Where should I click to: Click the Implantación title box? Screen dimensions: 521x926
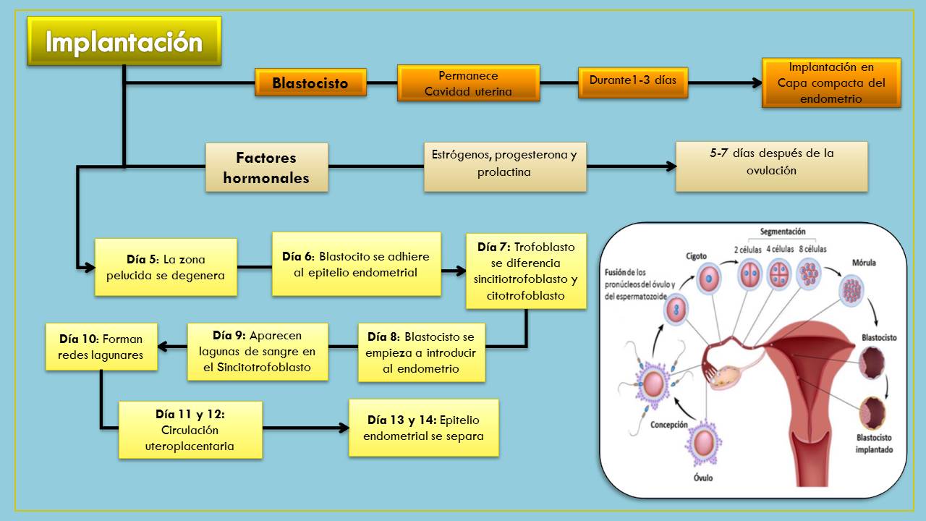(x=124, y=41)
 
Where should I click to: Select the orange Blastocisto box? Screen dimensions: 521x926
(x=310, y=82)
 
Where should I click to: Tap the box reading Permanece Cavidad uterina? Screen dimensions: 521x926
(x=468, y=83)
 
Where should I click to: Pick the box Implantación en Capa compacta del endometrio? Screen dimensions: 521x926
(x=831, y=83)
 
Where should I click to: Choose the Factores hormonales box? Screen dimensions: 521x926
(x=266, y=167)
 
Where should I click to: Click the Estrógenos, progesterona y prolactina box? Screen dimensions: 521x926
(x=504, y=166)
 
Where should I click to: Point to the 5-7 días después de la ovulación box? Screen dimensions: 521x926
(x=771, y=166)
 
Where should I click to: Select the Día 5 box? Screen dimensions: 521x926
(x=166, y=267)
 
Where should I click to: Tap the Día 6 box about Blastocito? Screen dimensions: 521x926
(x=356, y=264)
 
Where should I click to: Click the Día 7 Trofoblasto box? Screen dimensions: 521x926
(x=526, y=271)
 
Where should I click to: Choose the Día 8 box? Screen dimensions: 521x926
(x=421, y=352)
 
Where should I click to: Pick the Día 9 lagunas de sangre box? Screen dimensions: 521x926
(x=258, y=352)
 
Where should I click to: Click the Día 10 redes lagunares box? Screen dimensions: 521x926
(x=101, y=347)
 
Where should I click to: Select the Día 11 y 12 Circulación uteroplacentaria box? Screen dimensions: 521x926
(x=190, y=430)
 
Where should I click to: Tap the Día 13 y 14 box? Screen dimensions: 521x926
(x=423, y=428)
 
